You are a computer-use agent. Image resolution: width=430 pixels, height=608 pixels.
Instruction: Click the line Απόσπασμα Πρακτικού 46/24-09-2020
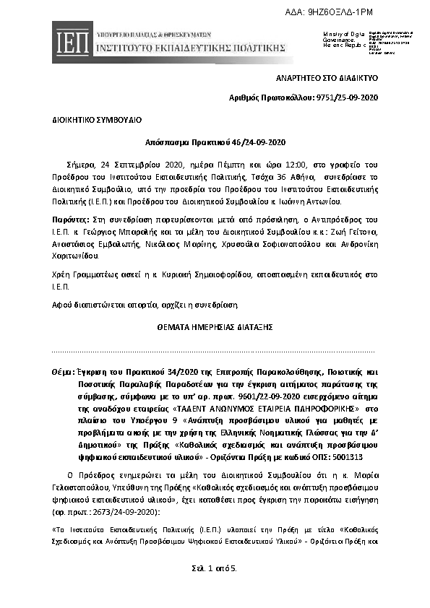(x=215, y=142)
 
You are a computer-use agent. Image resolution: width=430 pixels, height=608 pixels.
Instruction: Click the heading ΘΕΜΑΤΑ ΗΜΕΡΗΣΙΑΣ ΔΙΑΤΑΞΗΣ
(x=215, y=326)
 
